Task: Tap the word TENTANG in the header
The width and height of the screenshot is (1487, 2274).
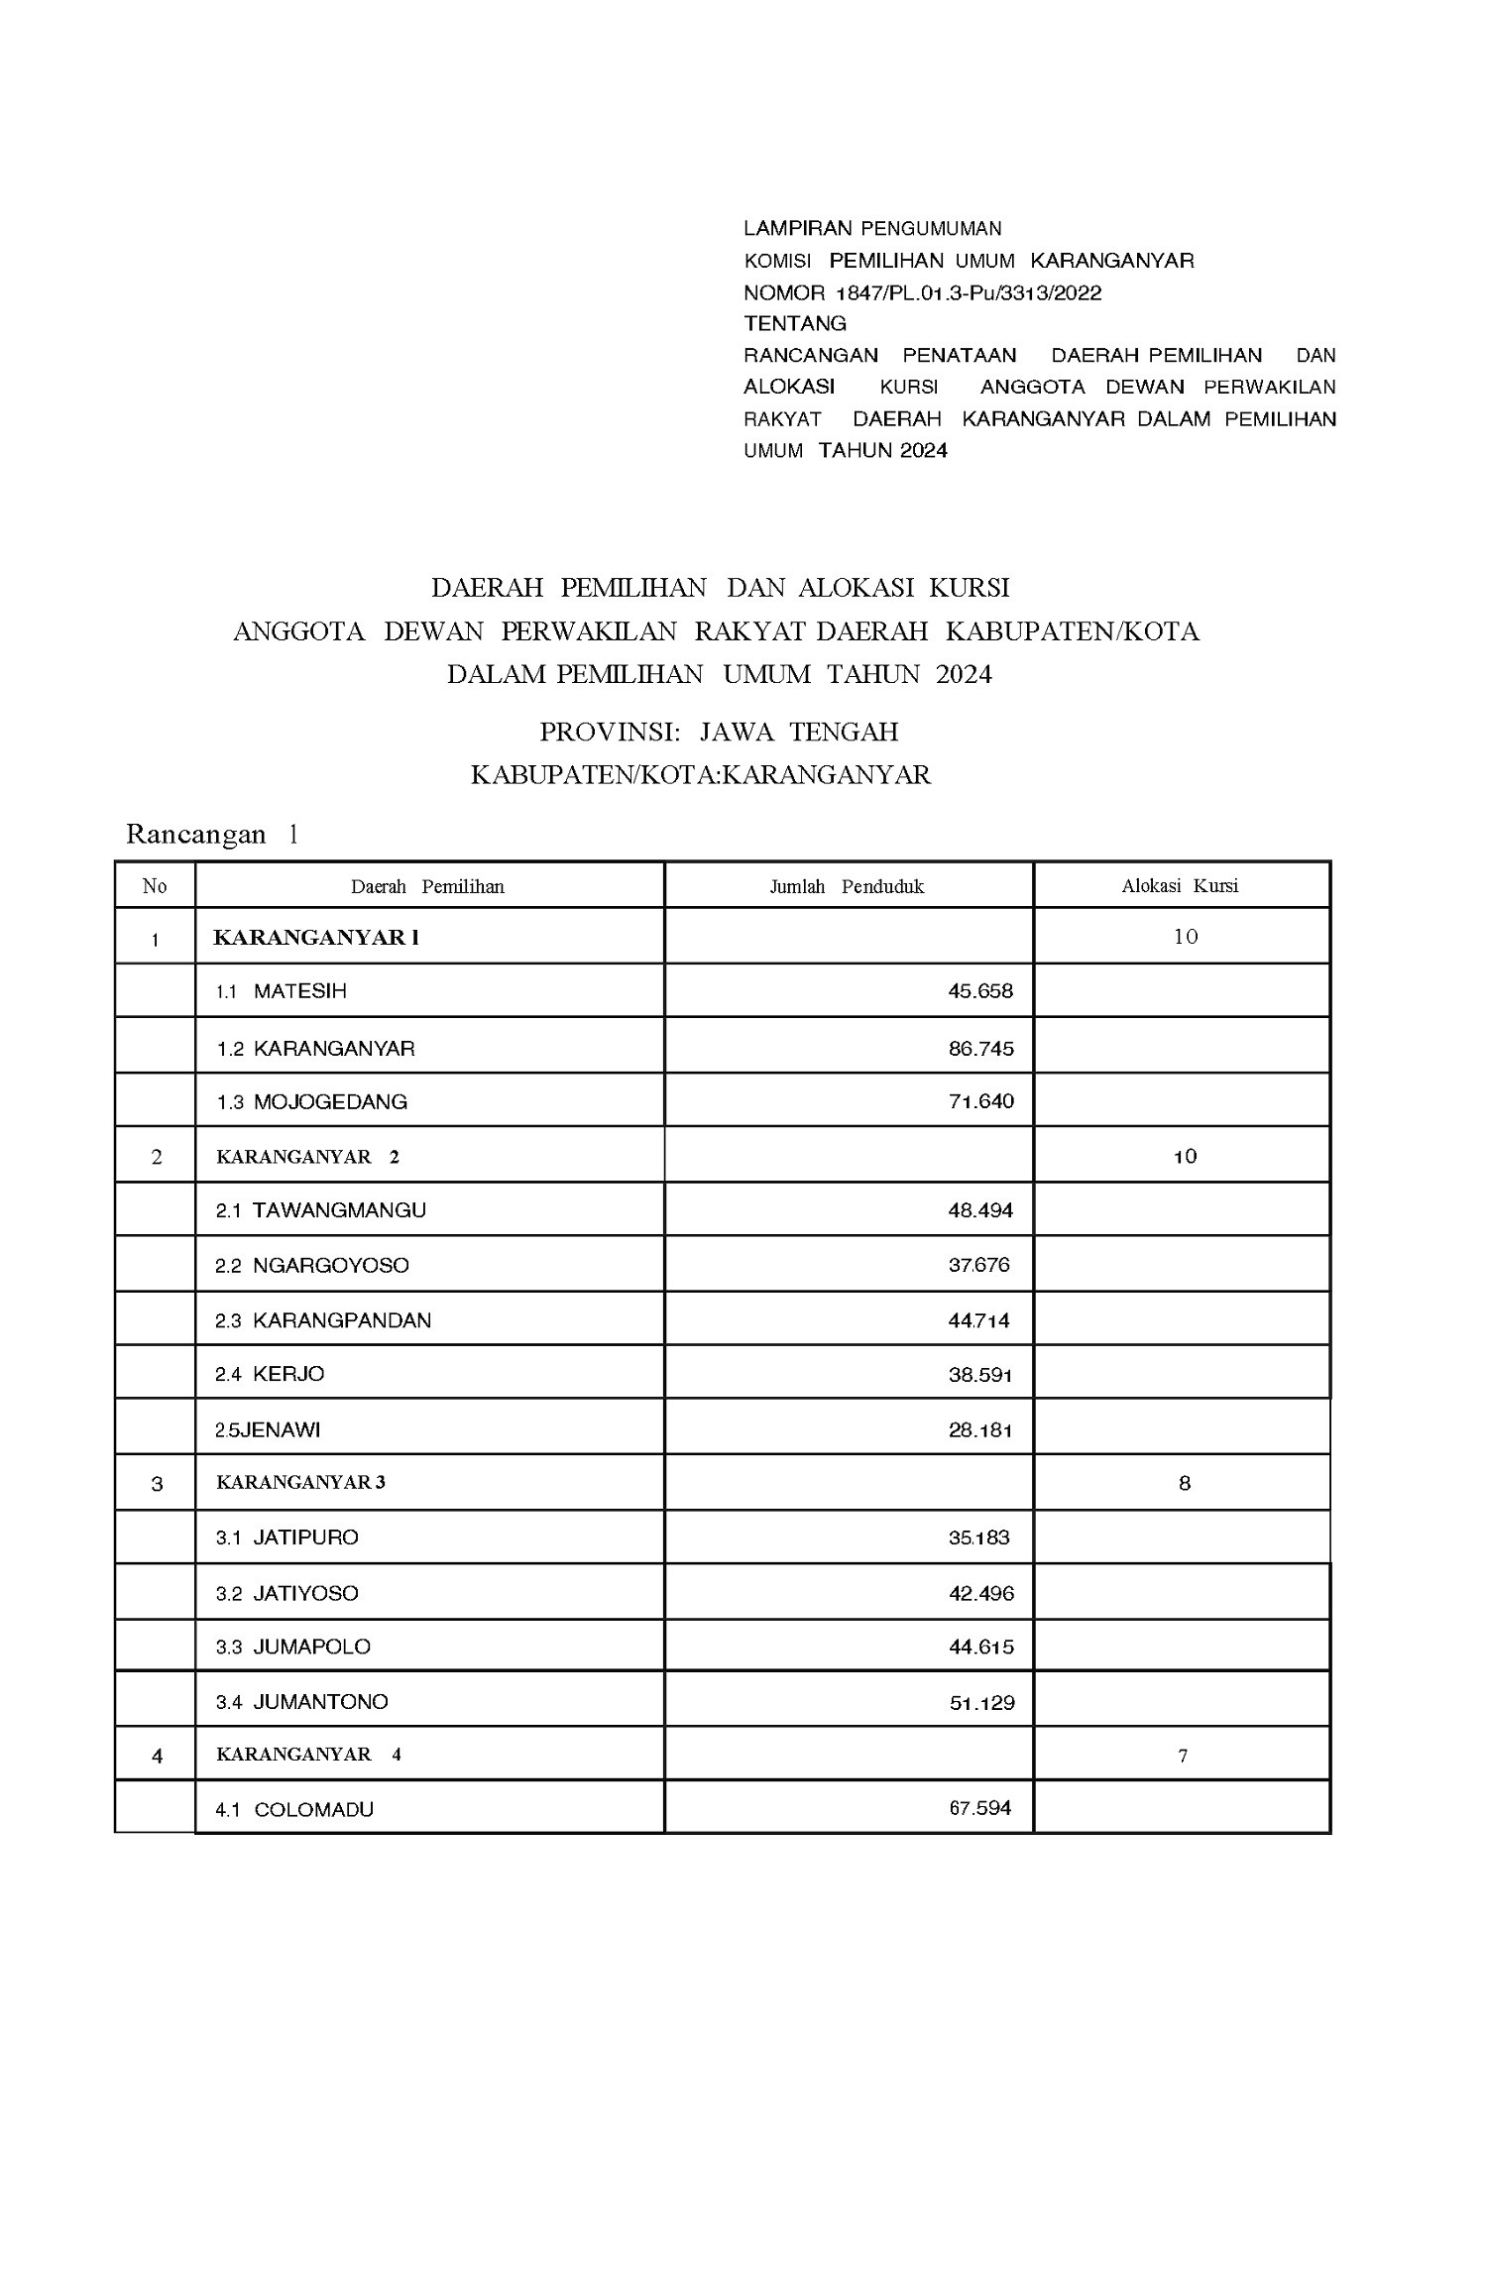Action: coord(795,323)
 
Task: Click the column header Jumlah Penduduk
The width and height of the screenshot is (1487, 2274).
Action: coord(847,886)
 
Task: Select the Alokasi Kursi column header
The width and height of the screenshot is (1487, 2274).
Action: coord(1180,886)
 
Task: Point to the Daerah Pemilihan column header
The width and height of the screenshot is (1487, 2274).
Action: coord(427,886)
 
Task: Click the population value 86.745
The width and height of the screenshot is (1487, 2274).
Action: coord(980,1049)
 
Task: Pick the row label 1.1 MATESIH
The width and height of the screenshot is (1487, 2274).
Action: coord(282,991)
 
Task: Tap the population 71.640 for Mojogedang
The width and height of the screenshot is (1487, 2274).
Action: coord(980,1101)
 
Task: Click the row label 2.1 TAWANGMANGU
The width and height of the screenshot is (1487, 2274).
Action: coord(321,1210)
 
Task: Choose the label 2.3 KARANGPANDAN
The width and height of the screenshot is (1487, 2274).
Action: coord(323,1320)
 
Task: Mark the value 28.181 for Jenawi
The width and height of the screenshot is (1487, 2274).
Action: coord(979,1430)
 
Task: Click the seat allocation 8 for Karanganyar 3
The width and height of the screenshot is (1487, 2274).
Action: coord(1184,1484)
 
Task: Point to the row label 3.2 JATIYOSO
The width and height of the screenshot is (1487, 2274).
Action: coord(287,1593)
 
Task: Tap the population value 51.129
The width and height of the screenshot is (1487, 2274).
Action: coord(981,1703)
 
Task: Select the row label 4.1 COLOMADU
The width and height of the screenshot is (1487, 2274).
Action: coord(294,1809)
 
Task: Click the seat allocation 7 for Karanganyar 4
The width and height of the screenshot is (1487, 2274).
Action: coord(1183,1756)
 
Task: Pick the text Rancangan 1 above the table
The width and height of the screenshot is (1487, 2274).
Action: coord(212,835)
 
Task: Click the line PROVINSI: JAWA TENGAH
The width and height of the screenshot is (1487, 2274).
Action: coord(719,733)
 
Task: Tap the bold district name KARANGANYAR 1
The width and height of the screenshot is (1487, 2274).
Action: coord(316,938)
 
